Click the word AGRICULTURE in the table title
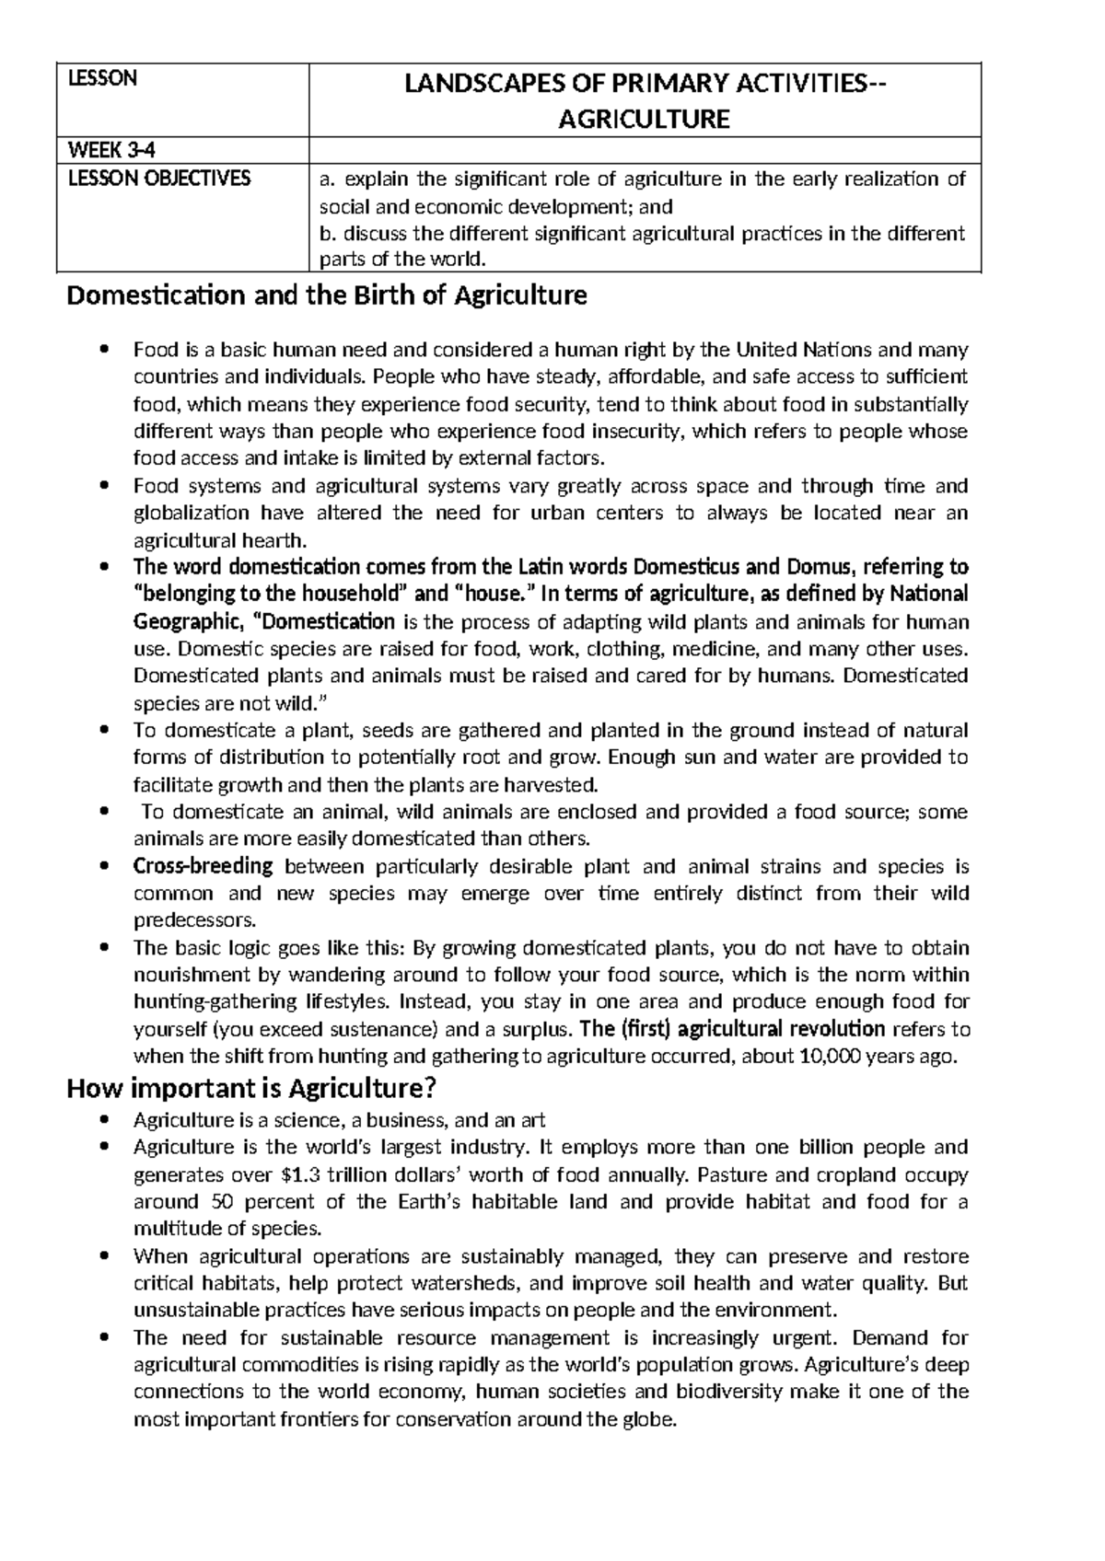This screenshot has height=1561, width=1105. (x=645, y=119)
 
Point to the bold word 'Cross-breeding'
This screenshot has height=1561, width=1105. (x=204, y=866)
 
